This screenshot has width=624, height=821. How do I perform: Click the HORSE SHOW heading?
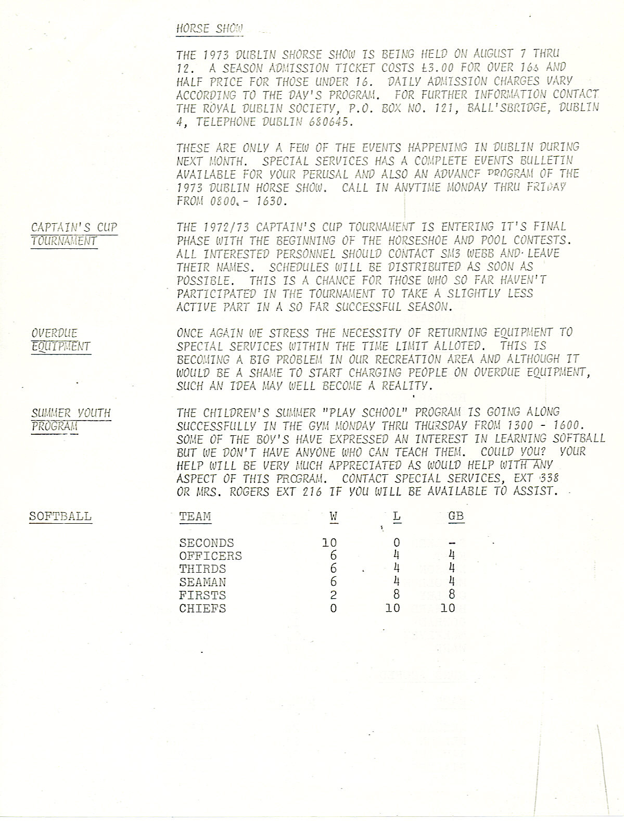coord(209,29)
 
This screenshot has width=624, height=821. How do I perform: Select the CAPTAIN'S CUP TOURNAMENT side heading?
coord(74,234)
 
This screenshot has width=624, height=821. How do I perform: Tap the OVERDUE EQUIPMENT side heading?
coord(61,340)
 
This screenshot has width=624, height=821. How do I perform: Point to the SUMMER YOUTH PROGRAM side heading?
coord(71,420)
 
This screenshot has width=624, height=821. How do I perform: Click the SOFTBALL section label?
coord(60,516)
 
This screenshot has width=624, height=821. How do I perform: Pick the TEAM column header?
coord(195,516)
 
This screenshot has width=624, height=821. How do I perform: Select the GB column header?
coord(456,516)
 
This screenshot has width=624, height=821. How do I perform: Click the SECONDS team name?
coord(207,543)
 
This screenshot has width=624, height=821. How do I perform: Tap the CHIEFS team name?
coord(202,608)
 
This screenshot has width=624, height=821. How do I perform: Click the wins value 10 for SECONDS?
coord(329,543)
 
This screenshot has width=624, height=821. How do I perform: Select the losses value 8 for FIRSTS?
coord(397,595)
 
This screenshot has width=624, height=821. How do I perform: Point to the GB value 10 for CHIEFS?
coord(448,608)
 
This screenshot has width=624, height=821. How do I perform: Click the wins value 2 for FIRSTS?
coord(333,595)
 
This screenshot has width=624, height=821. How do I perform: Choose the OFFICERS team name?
coord(211,556)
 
